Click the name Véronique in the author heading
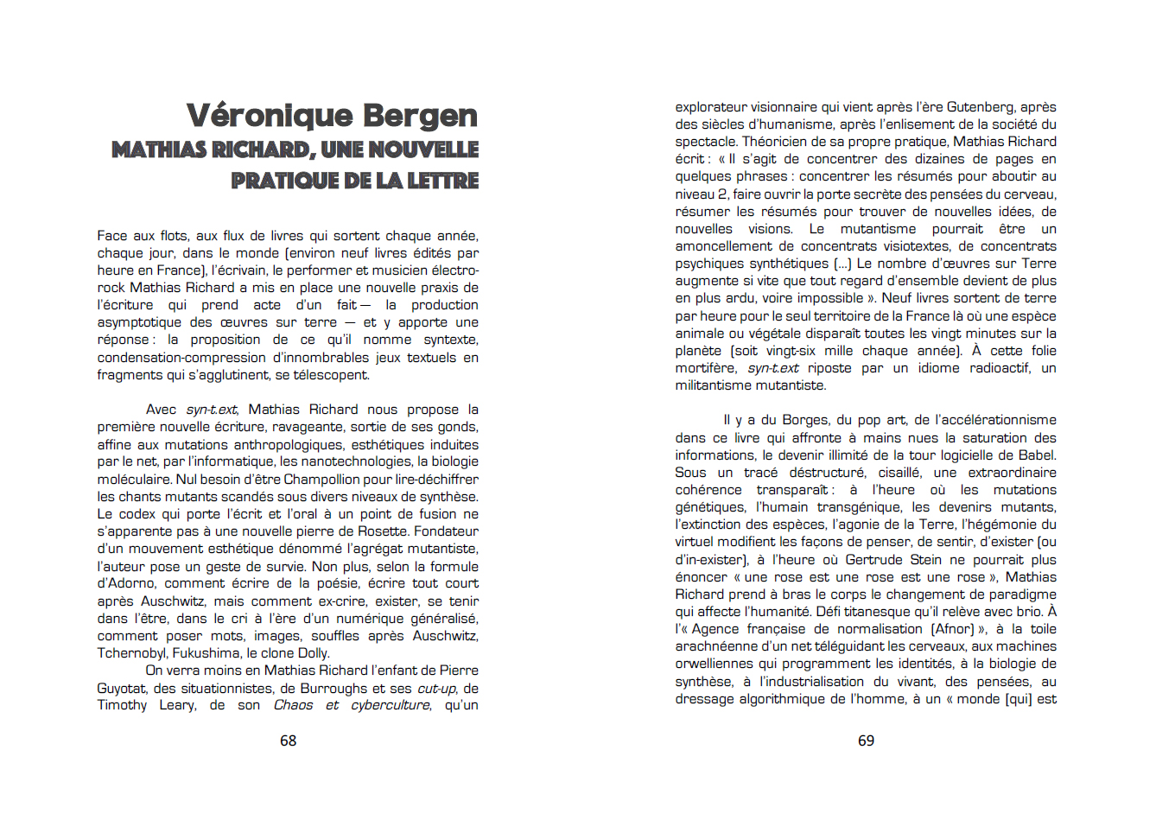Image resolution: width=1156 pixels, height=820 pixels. [270, 116]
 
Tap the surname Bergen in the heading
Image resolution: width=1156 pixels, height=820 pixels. [420, 116]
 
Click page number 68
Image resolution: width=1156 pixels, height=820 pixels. [289, 741]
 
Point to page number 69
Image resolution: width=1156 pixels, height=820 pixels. [866, 741]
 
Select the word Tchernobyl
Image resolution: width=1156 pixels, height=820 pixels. [131, 653]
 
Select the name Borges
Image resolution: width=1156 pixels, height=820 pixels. [805, 421]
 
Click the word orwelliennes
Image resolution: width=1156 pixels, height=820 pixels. [714, 664]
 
